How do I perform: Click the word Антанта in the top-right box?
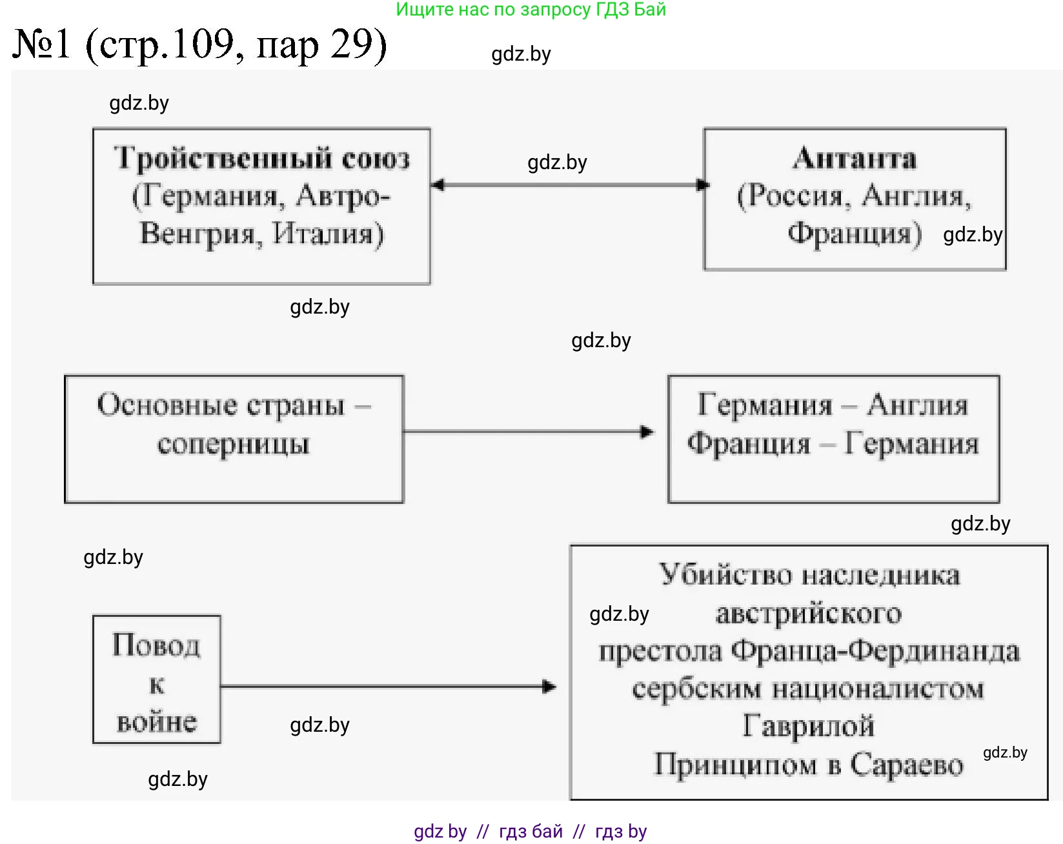coord(854,159)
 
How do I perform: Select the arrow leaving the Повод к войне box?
coord(387,687)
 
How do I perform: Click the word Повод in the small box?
coord(156,645)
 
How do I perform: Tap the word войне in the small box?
coord(156,721)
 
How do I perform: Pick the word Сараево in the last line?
coord(906,765)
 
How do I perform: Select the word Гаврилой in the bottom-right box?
coord(808,726)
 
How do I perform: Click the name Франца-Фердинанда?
coord(875,651)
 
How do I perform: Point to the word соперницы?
coord(233,445)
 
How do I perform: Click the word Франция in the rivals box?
coord(749,444)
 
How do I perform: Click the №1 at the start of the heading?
coord(41,44)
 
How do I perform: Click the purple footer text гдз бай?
coord(531,831)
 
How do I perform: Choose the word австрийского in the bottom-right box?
coord(808,613)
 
